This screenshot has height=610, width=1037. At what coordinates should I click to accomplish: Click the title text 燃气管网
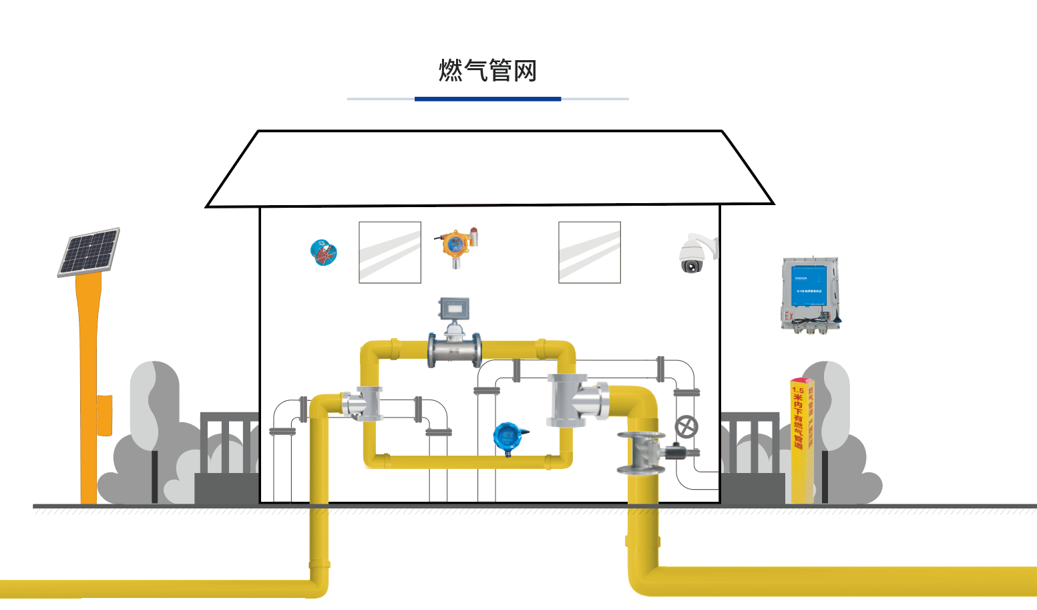pyautogui.click(x=487, y=70)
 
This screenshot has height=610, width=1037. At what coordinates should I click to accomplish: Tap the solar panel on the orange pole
pyautogui.click(x=89, y=252)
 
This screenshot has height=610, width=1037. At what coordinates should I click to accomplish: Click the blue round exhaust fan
pyautogui.click(x=324, y=252)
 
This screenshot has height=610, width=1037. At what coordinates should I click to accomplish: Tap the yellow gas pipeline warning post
pyautogui.click(x=802, y=441)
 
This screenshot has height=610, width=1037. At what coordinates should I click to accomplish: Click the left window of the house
pyautogui.click(x=390, y=253)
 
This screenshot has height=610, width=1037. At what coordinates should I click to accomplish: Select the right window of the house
pyautogui.click(x=590, y=253)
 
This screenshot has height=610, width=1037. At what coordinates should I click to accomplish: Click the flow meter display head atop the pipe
pyautogui.click(x=454, y=309)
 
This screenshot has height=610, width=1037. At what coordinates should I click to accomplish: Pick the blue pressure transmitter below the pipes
pyautogui.click(x=509, y=436)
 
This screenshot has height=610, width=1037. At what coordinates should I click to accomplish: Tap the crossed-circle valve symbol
pyautogui.click(x=686, y=426)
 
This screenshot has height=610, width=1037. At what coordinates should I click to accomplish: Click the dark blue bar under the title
pyautogui.click(x=487, y=99)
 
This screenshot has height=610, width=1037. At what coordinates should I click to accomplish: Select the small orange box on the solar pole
pyautogui.click(x=104, y=415)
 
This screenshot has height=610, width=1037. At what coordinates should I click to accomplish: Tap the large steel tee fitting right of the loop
pyautogui.click(x=576, y=400)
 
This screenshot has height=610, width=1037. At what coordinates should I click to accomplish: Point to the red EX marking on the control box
pyautogui.click(x=789, y=316)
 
